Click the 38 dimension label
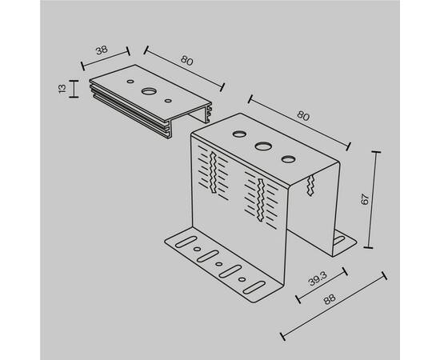102,50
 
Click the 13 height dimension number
62,88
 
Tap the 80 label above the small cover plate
187,61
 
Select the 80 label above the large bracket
303,116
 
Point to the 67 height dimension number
365,199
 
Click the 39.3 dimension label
318,278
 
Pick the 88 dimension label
329,299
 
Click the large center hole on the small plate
149,91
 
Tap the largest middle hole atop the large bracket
263,146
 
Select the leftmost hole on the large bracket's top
239,134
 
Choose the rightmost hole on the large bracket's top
289,159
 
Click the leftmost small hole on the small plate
130,82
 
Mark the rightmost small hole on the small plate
168,100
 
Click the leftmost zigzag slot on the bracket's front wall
213,173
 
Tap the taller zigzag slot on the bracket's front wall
261,200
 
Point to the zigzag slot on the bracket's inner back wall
310,185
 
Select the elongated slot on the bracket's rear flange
339,240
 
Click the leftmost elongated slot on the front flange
186,242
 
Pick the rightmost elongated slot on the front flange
254,287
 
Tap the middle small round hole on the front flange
219,264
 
